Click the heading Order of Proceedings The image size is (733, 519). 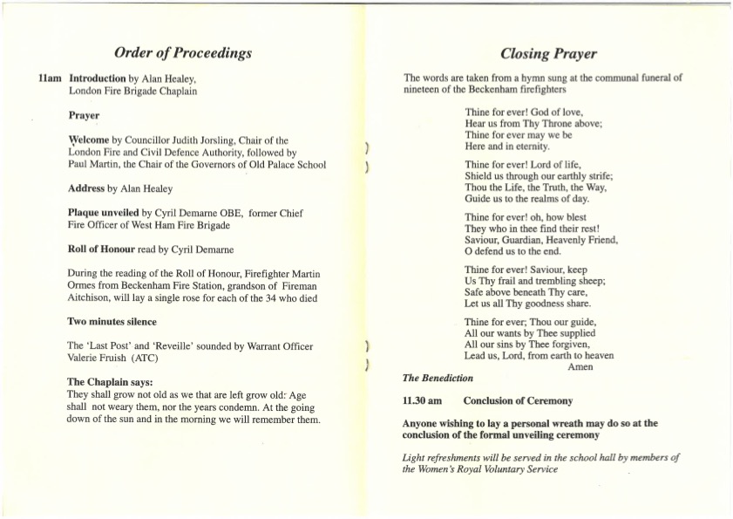pyautogui.click(x=183, y=52)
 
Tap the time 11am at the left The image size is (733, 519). pyautogui.click(x=50, y=79)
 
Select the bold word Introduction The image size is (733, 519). pyautogui.click(x=98, y=79)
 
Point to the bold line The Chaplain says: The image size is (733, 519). pyautogui.click(x=110, y=382)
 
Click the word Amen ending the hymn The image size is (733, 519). pyautogui.click(x=580, y=367)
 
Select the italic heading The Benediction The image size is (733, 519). pyautogui.click(x=438, y=379)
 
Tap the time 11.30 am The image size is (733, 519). pyautogui.click(x=422, y=401)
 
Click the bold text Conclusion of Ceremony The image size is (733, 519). pyautogui.click(x=518, y=401)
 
